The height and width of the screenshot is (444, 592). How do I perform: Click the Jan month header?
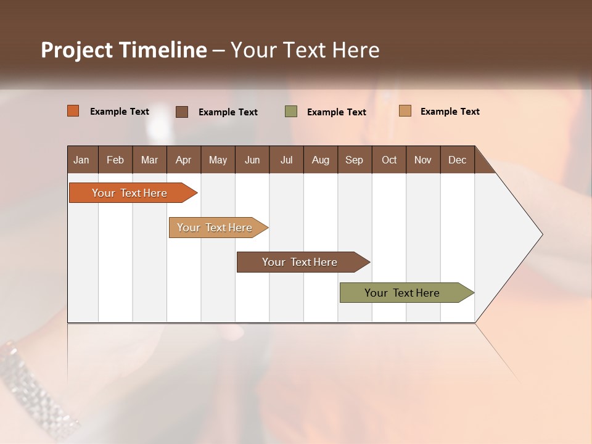click(82, 160)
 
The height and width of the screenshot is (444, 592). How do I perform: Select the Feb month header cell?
click(115, 160)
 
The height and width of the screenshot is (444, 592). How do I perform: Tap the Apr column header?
click(183, 160)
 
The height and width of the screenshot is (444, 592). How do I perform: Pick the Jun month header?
click(252, 160)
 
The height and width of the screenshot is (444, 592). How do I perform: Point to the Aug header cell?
click(320, 160)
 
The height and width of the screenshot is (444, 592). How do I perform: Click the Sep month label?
click(354, 160)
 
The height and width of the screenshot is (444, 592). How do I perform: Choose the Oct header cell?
click(389, 160)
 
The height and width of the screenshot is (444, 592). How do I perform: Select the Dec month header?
click(457, 160)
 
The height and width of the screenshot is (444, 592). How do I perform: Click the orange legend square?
click(73, 111)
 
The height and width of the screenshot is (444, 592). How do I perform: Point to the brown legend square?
click(182, 112)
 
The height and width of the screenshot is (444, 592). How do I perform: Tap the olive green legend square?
click(291, 112)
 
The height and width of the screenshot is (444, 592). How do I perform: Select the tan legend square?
click(405, 111)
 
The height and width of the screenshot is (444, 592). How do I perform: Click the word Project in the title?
click(76, 50)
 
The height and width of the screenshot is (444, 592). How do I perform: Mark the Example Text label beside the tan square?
click(450, 112)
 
